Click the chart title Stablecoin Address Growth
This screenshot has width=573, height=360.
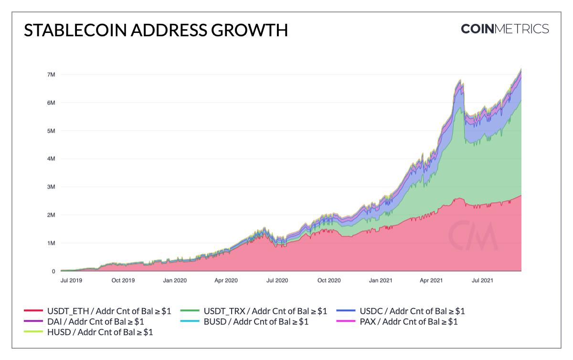pos(156,30)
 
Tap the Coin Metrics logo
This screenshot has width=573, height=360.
pos(505,29)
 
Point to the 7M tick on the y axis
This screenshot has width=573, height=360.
pos(51,75)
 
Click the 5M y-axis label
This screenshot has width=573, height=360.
pos(51,131)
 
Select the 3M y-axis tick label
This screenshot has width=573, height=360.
pos(51,187)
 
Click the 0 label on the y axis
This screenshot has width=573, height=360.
pos(53,271)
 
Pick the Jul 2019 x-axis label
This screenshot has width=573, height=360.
pos(72,280)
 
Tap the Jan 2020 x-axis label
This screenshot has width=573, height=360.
pos(175,280)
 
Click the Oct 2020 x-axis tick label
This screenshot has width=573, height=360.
pos(329,280)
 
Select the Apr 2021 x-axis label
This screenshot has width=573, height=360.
pos(432,280)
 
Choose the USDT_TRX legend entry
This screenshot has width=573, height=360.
pos(255,311)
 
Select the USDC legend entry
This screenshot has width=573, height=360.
pos(401,311)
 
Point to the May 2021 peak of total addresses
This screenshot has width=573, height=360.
pos(460,80)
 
